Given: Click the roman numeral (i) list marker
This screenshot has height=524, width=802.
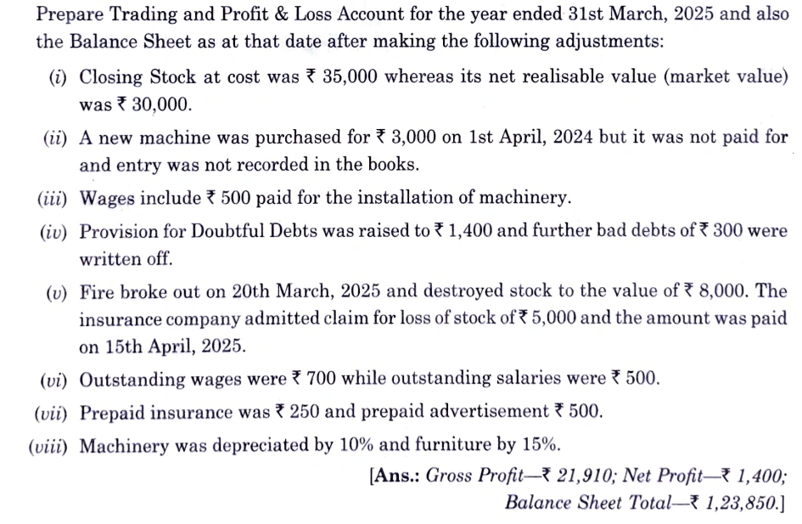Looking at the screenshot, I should [x=58, y=76].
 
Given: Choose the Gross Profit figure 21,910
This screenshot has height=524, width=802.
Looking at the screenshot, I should [x=576, y=475].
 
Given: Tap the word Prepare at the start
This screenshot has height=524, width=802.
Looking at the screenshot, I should [x=71, y=15].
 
